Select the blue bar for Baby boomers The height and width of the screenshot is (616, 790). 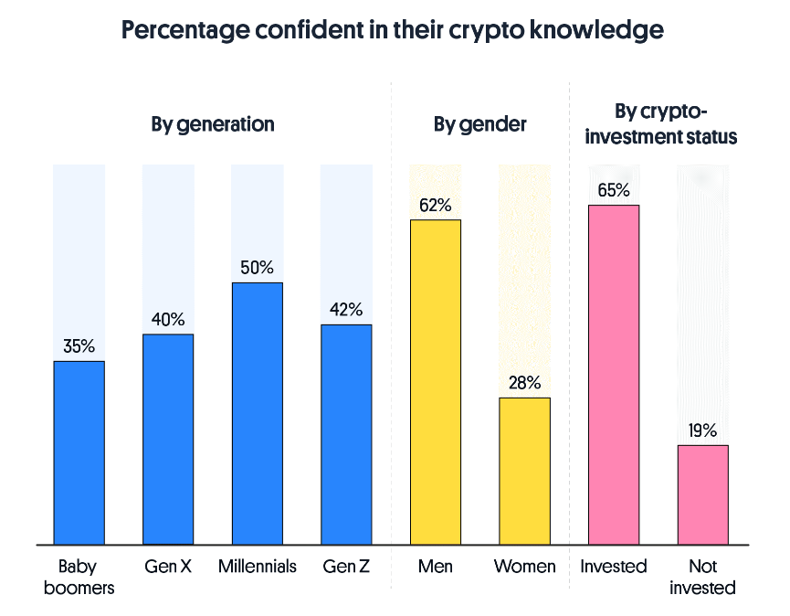point(79,452)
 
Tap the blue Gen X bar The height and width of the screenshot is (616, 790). point(168,439)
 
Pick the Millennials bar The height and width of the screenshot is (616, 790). point(257,413)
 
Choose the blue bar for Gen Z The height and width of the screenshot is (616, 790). point(346,434)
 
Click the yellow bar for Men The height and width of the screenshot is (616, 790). point(436,382)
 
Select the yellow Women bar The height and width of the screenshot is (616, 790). point(524,471)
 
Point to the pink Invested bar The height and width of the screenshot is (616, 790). point(614,375)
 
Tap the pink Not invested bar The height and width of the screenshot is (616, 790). point(702,494)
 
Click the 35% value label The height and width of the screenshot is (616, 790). point(79,346)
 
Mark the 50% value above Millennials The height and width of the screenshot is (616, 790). point(257,268)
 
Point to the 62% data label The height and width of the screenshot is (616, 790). point(436,205)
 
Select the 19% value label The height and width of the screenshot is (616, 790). point(702,430)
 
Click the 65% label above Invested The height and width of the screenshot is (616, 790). point(614,190)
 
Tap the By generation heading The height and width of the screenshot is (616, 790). point(213,124)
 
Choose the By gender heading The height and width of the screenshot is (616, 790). point(480,124)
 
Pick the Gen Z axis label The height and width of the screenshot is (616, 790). point(346,567)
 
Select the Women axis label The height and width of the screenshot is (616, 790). point(524,567)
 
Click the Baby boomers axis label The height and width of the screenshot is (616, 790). point(79,577)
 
